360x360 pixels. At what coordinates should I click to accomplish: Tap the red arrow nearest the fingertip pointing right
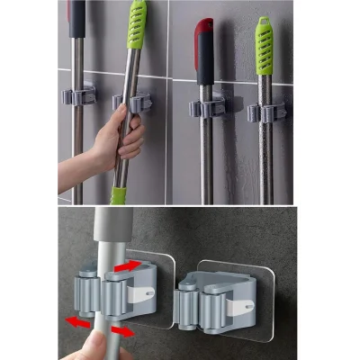pos(121,331)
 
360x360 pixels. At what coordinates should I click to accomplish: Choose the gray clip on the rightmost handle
pos(267,112)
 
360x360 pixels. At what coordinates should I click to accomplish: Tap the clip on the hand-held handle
pos(135,102)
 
